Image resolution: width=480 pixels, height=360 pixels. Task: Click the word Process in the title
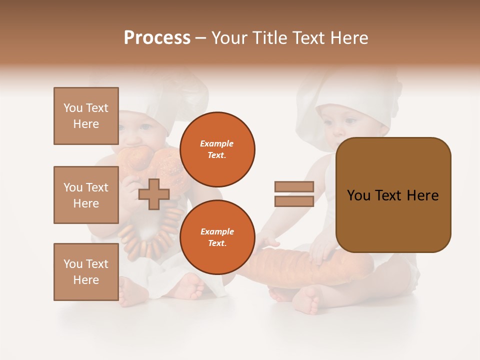pos(157,37)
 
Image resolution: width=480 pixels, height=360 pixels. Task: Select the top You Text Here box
pos(86,116)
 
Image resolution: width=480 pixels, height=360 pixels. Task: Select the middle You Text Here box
pos(86,195)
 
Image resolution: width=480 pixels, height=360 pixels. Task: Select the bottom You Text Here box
pos(86,272)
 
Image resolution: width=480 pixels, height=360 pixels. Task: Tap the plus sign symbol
pos(154,194)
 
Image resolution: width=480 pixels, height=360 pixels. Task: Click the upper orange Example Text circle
pos(217,149)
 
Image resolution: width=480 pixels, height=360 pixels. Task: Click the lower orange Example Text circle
pos(217,237)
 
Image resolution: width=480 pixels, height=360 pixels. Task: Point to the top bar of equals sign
pos(294,186)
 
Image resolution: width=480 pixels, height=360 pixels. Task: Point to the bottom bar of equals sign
pos(294,201)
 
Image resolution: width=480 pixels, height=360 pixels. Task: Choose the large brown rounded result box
pos(393,195)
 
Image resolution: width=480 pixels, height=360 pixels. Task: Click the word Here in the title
pos(347,37)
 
